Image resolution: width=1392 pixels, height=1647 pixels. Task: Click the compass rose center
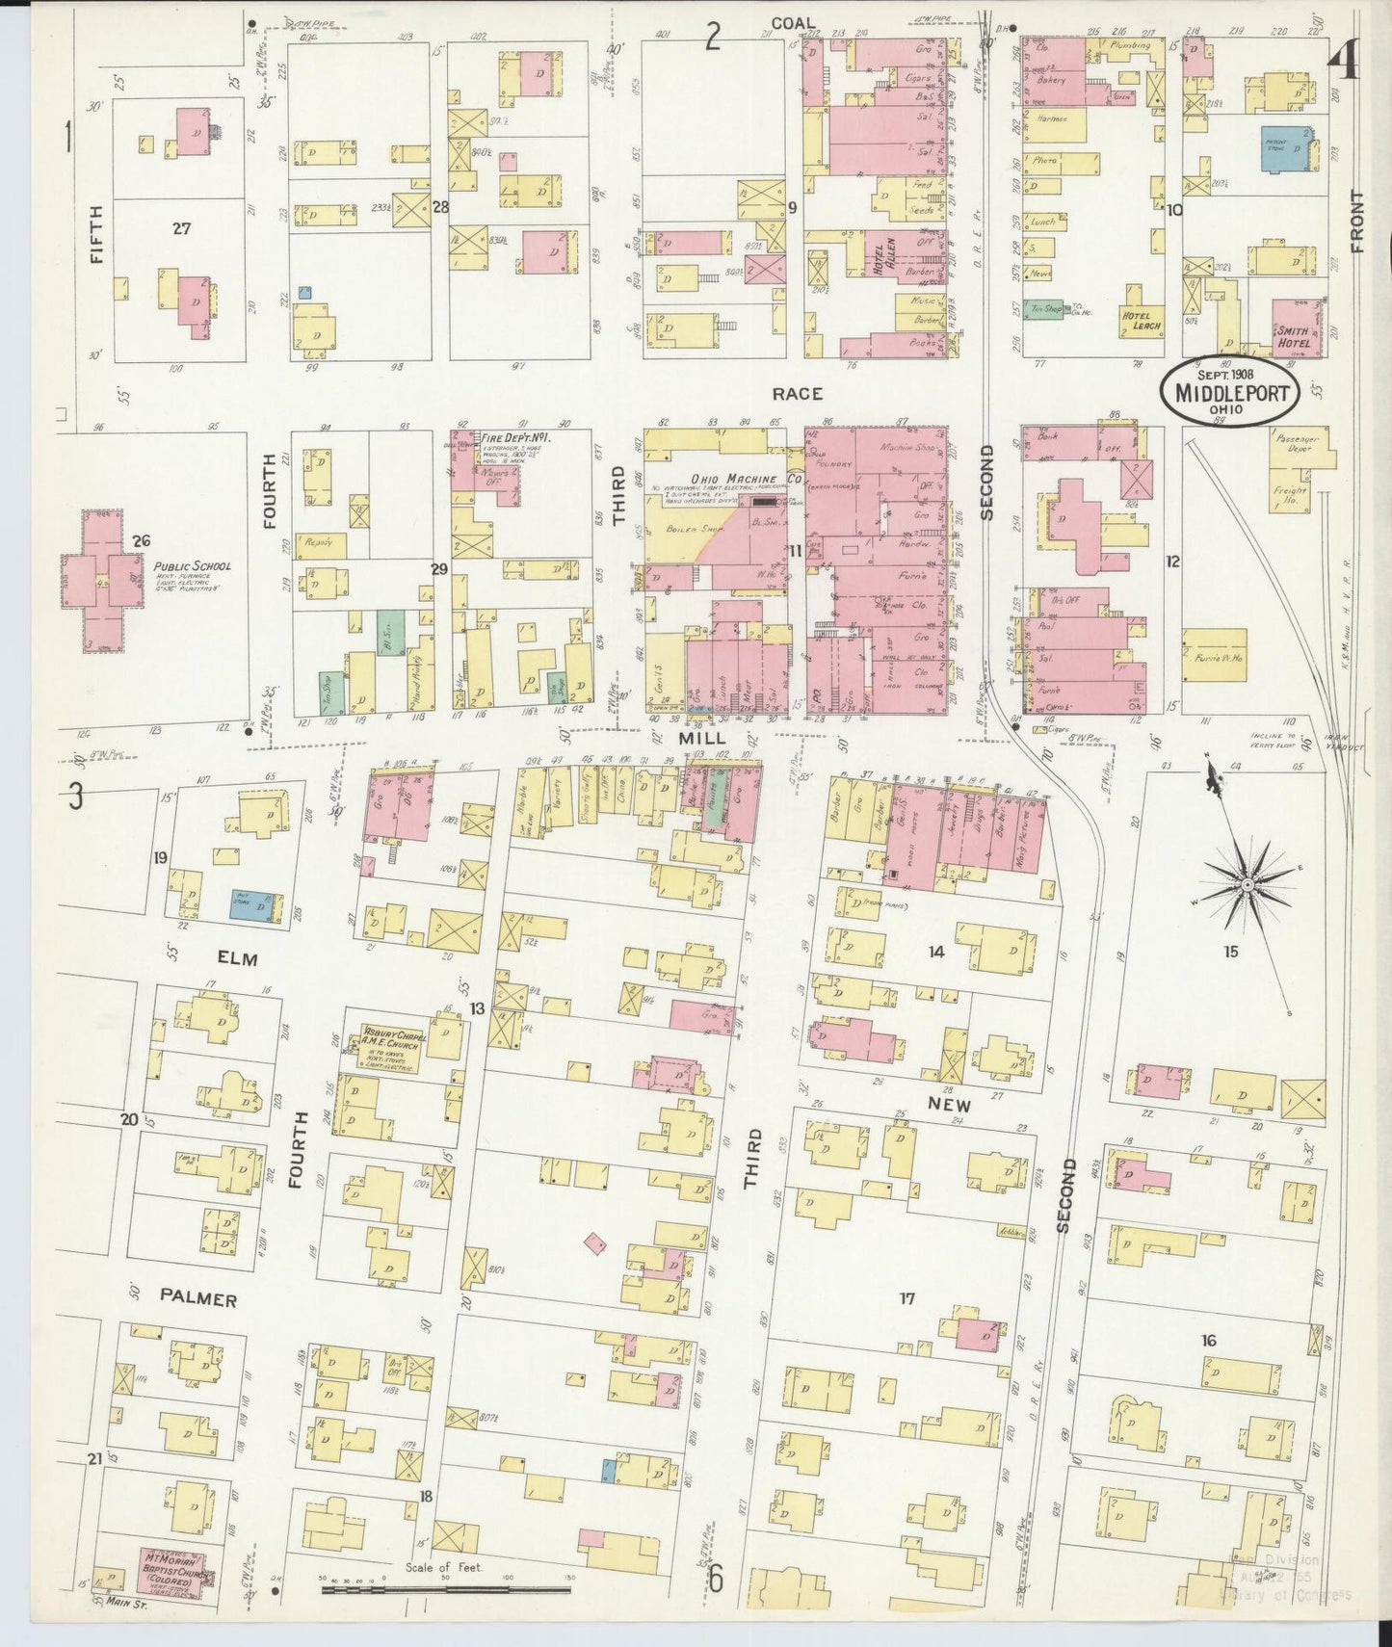[1247, 883]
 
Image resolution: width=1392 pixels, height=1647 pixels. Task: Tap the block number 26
[144, 541]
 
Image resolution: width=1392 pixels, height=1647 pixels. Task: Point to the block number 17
[906, 1298]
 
